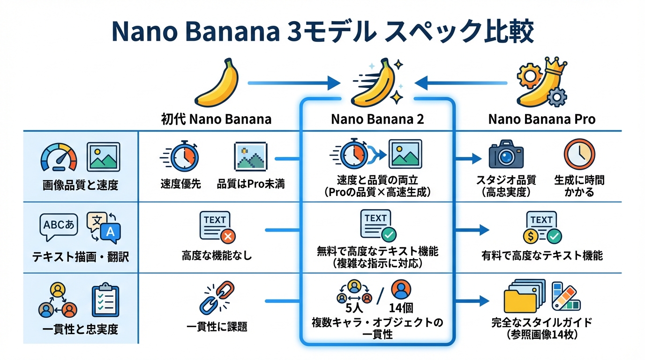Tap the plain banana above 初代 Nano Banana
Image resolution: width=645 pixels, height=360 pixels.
click(217, 83)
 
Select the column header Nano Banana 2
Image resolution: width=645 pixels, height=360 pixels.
click(377, 119)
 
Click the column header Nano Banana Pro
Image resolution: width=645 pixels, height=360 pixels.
click(541, 119)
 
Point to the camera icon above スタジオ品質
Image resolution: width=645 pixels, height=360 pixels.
click(506, 155)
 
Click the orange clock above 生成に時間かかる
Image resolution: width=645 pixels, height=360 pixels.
click(579, 155)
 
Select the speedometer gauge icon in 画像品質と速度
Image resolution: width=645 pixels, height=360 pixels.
click(58, 157)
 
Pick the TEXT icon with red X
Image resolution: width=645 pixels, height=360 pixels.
click(217, 227)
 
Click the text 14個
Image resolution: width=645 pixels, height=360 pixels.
click(401, 309)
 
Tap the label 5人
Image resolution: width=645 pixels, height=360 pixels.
click(354, 309)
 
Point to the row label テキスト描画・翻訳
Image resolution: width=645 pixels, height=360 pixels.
click(80, 257)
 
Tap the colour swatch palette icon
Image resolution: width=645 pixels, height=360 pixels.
click(565, 296)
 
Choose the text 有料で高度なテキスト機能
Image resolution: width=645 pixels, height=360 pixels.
click(542, 255)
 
